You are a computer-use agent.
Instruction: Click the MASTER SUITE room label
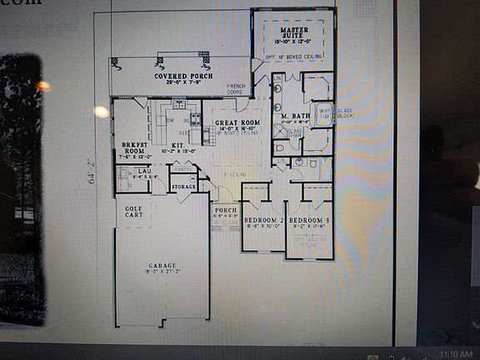294,32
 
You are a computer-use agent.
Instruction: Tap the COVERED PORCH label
182,76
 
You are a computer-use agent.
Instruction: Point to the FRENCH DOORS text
236,89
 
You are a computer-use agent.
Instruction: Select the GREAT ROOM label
237,122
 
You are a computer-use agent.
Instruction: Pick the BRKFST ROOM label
133,146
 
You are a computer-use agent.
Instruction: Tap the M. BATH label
295,116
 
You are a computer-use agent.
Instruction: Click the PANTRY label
183,169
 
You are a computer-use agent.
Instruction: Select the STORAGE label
183,187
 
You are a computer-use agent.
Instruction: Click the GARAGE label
162,266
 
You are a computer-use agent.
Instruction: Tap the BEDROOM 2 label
264,219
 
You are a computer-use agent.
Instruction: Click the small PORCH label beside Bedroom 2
226,210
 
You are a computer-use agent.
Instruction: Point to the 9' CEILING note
232,174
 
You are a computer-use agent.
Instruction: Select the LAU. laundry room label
143,171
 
